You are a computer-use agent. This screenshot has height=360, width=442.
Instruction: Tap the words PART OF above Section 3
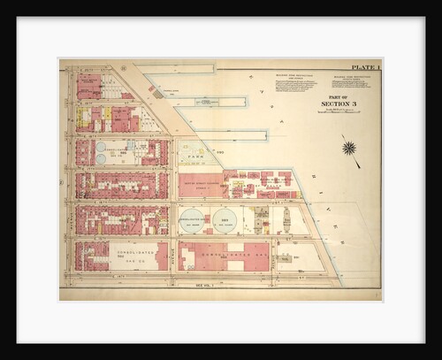coord(335,95)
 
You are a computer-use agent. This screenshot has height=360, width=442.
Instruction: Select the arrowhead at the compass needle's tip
coord(359,165)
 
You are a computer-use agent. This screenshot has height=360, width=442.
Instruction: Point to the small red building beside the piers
coord(156,92)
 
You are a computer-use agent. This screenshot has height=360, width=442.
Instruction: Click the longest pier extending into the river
coord(221,134)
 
